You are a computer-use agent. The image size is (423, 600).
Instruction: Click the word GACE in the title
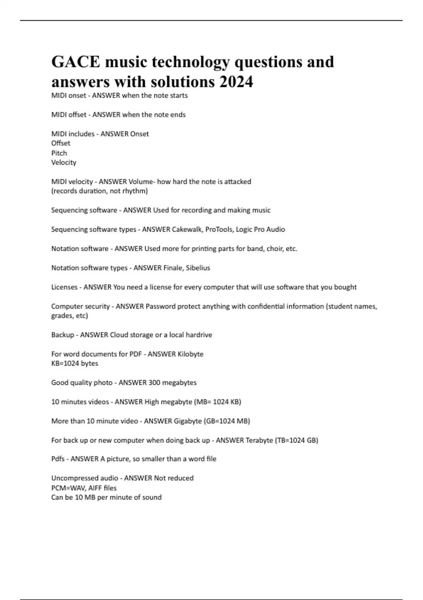point(75,62)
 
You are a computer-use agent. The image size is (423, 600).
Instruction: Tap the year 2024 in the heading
point(236,82)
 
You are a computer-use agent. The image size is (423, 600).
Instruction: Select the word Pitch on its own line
point(59,153)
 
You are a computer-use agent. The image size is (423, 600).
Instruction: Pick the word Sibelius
point(198,268)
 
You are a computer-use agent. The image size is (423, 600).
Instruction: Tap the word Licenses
point(64,287)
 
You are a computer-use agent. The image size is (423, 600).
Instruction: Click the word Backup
point(62,335)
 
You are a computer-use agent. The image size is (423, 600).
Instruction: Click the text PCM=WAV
point(66,488)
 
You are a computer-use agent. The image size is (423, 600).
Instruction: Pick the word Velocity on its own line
point(63,163)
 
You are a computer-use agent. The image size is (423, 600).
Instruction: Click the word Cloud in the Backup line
point(119,335)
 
